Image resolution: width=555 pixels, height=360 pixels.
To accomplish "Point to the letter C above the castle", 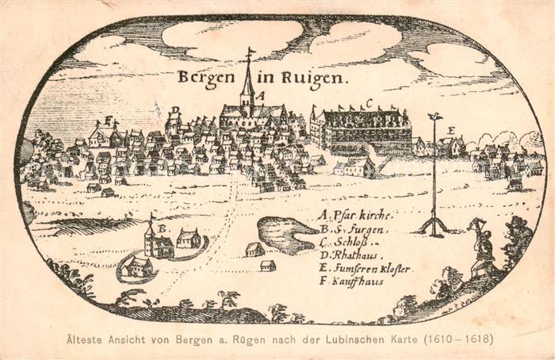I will click(x=369, y=103).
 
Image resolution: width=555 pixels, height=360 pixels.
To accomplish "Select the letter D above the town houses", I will click(x=175, y=110).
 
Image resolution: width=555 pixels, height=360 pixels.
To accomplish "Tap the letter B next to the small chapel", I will click(x=162, y=228).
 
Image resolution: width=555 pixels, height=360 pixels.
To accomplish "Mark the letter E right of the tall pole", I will click(x=451, y=130).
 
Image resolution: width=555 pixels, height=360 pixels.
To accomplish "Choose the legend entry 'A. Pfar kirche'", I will click(x=354, y=215).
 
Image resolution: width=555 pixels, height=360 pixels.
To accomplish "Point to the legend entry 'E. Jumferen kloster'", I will click(x=364, y=269).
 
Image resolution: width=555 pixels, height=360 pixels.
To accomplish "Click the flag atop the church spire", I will click(x=251, y=53).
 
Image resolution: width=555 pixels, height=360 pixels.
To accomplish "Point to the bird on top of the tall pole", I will click(x=434, y=117).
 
